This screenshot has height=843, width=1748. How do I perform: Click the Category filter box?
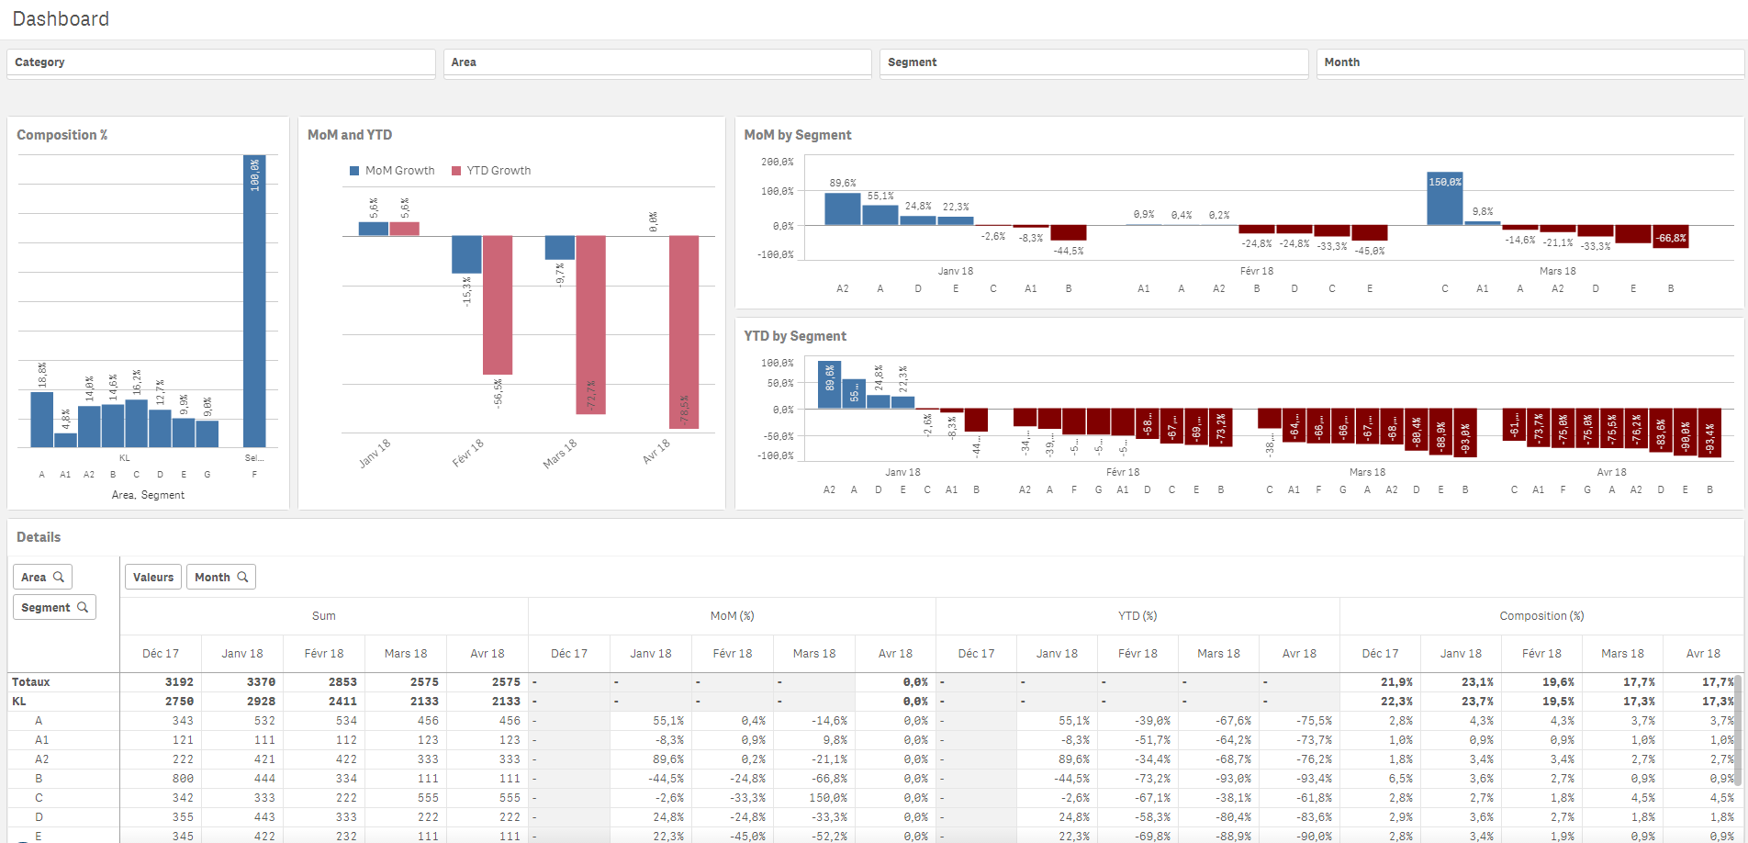(x=220, y=62)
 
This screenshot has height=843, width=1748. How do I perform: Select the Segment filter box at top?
(x=1092, y=62)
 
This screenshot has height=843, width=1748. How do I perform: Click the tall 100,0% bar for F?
(x=254, y=303)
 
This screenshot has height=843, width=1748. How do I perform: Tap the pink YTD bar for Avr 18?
(x=684, y=331)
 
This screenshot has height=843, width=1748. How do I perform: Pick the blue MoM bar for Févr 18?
(x=466, y=254)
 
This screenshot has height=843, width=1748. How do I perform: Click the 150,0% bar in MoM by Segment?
(x=1444, y=198)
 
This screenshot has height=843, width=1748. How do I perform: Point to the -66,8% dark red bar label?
(x=1670, y=238)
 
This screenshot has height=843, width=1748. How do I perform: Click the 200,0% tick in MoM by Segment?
(x=777, y=162)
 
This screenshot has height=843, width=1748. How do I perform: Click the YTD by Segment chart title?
(x=795, y=336)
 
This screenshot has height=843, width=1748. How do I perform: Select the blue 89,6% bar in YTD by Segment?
(x=829, y=385)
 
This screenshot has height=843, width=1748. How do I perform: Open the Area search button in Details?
(x=42, y=577)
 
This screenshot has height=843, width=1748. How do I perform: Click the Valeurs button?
(x=153, y=577)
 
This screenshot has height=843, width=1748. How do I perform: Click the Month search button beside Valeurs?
(x=221, y=577)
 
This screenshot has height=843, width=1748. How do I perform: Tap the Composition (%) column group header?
(x=1541, y=616)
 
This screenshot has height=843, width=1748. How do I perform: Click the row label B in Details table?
(x=39, y=779)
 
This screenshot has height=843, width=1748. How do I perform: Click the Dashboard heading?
(x=61, y=19)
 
